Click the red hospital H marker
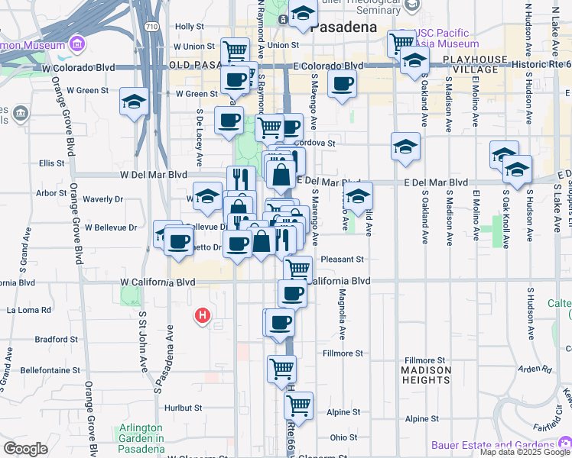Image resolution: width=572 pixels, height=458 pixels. pos(203,314)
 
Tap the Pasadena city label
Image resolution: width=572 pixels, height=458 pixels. pos(344,26)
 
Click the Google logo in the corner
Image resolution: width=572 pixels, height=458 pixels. pos(26,449)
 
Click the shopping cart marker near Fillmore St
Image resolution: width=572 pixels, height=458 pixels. pos(282,369)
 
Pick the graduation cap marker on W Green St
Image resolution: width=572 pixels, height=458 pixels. pos(135,101)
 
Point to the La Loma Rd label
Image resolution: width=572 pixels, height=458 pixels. pos(29,311)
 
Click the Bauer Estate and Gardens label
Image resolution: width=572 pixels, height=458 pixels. pos(502,445)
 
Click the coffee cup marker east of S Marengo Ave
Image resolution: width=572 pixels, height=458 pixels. pos(343,84)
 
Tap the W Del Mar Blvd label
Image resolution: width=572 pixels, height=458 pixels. pos(154,174)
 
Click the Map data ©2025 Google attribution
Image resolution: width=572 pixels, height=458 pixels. pos(525,452)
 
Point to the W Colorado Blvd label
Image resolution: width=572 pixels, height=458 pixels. pos(79,67)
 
